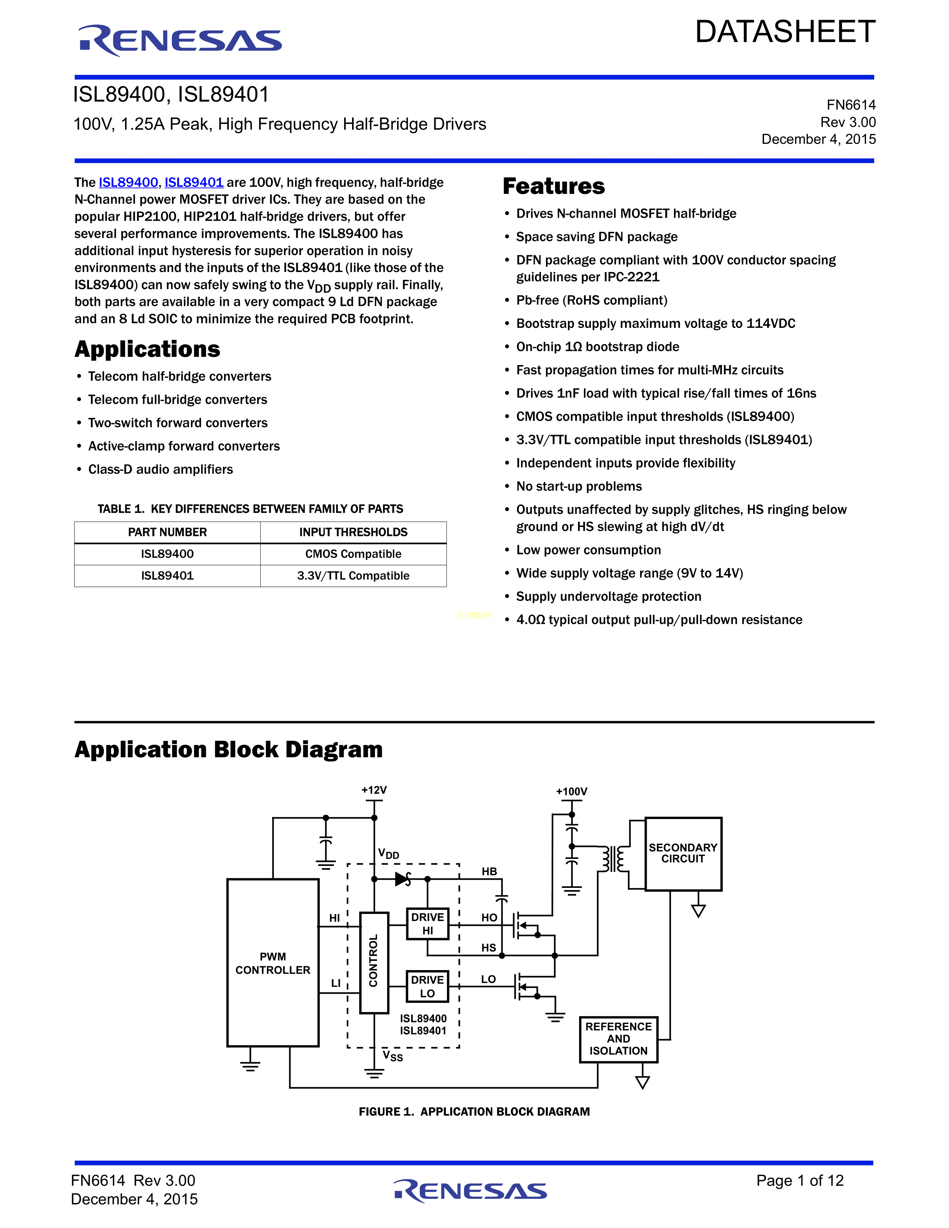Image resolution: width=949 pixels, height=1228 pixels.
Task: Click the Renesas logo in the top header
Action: [180, 41]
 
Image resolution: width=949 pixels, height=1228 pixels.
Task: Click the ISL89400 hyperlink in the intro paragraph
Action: [128, 182]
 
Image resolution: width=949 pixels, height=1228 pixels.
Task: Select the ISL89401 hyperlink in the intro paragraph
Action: [194, 182]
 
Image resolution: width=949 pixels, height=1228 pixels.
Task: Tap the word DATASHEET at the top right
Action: [785, 32]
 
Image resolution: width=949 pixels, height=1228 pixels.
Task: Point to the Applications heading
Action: [147, 349]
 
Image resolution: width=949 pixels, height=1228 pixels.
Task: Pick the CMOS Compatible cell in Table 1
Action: [353, 554]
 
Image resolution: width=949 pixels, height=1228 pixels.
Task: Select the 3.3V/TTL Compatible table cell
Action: [353, 576]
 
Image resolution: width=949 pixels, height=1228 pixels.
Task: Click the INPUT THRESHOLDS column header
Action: [353, 532]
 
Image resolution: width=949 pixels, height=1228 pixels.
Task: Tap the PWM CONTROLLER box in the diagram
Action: [273, 963]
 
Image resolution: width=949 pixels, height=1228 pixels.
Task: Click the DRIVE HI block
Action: [427, 924]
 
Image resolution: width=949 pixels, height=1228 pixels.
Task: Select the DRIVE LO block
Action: [427, 986]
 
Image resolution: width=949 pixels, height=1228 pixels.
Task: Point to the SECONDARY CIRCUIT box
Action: [683, 854]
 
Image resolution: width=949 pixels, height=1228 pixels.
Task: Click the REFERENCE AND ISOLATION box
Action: [619, 1039]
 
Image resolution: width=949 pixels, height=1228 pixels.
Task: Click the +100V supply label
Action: [572, 792]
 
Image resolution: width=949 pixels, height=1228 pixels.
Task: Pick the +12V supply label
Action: [374, 790]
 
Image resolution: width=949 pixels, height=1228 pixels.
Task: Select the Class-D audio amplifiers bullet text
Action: [160, 470]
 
